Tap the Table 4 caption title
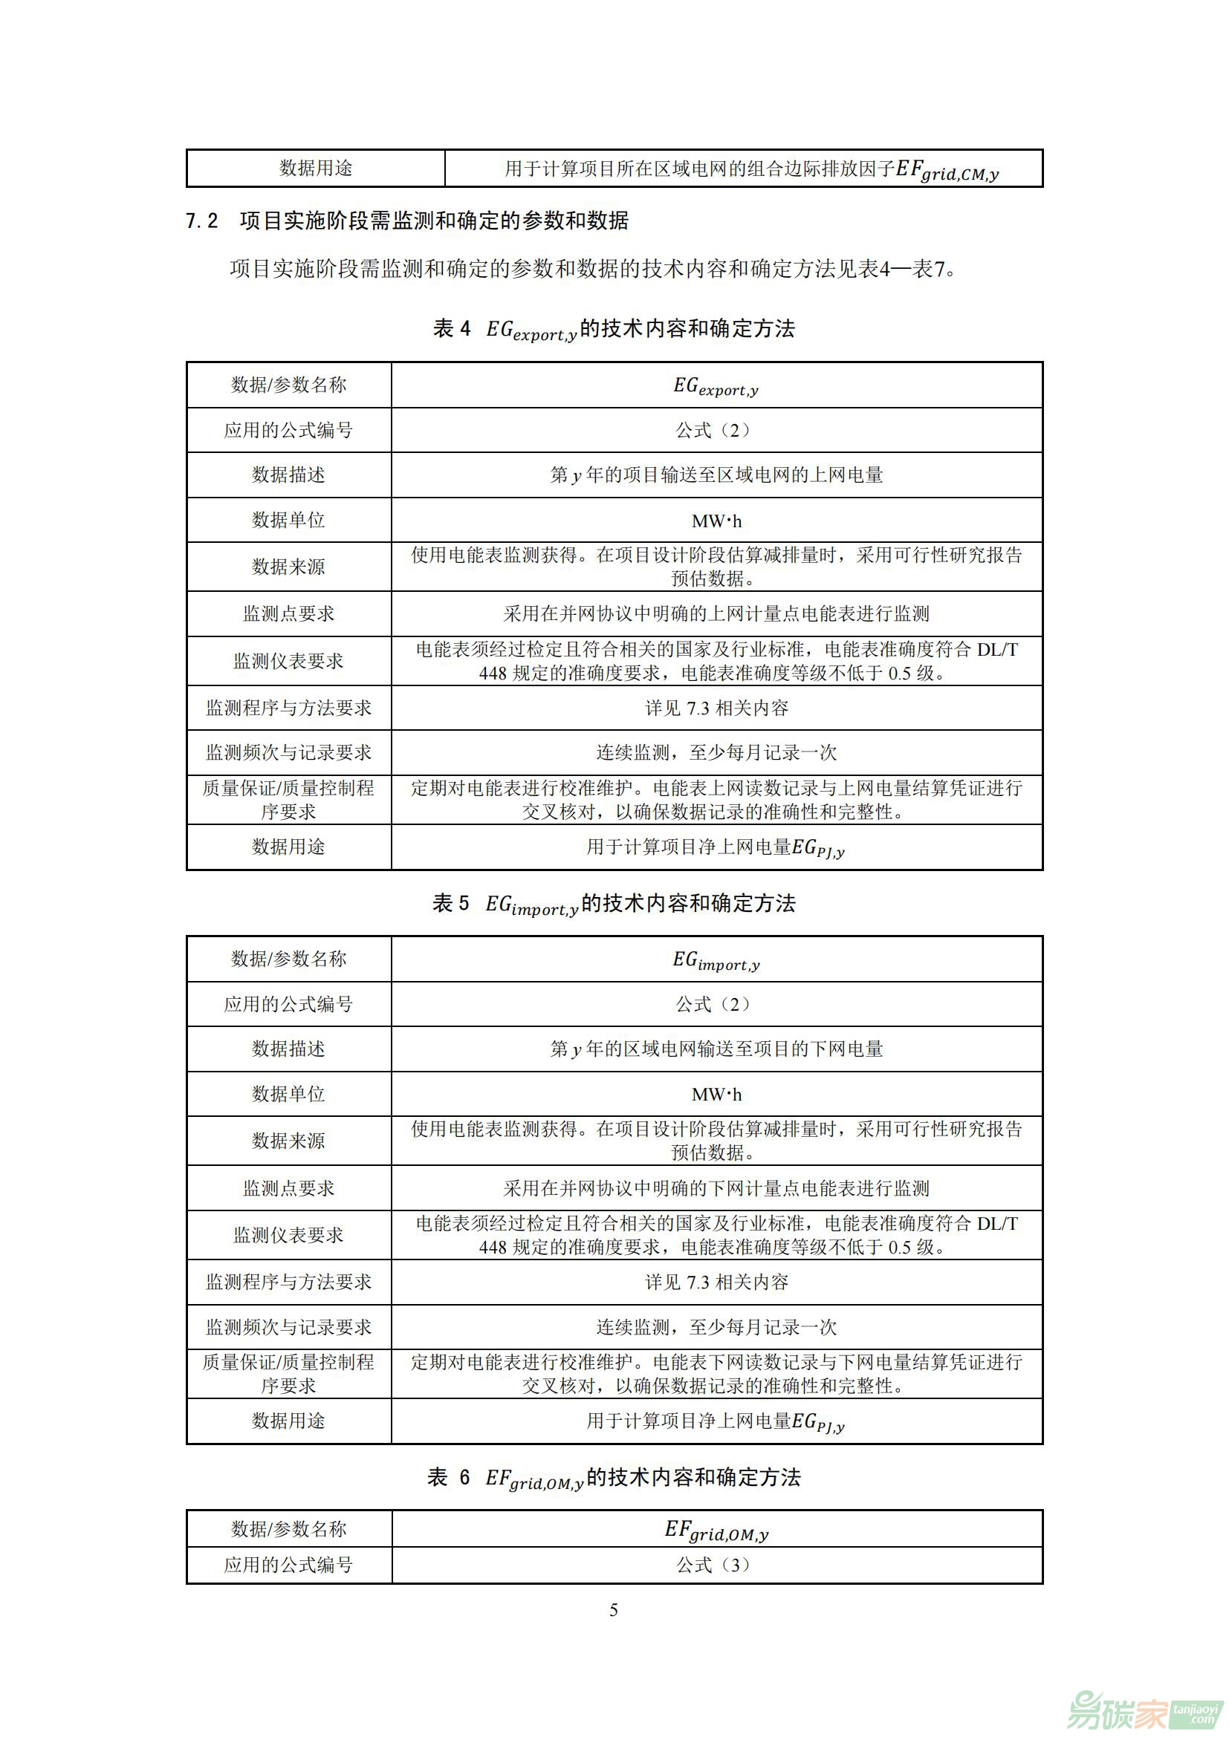614,329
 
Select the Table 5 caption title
614,903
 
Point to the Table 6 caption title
614,1477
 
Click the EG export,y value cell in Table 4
716,386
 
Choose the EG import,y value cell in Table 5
716,960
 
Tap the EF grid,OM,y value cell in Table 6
716,1530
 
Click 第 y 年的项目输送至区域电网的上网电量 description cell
716,475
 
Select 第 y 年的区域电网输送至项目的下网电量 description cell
716,1049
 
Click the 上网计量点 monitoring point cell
716,613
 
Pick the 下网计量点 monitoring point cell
716,1188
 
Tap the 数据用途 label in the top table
316,168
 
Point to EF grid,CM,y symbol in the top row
947,170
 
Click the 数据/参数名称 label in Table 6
288,1529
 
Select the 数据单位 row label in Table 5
288,1094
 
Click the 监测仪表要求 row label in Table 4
288,661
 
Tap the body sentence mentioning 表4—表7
592,269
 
